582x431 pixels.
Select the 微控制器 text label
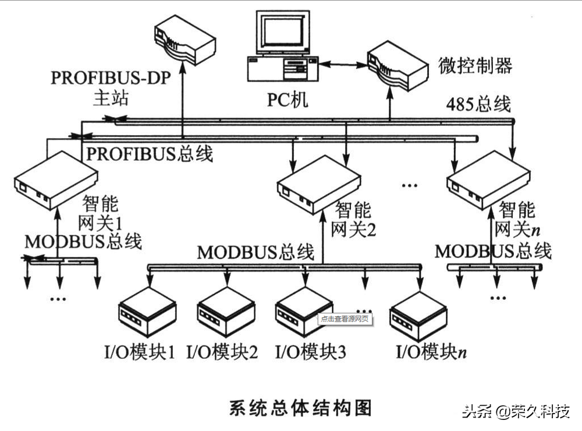coord(475,66)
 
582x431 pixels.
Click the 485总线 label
coord(478,104)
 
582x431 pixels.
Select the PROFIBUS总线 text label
coord(150,154)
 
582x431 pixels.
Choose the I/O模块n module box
coord(418,315)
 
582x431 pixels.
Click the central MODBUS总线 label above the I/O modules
coord(255,252)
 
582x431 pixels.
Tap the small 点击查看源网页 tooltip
coord(345,319)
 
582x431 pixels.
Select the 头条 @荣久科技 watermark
coord(515,412)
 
